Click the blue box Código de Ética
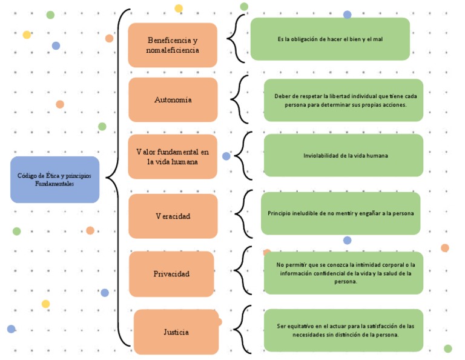(x=54, y=179)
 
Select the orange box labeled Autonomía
(x=173, y=99)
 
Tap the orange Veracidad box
(x=173, y=216)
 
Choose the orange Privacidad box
(x=171, y=274)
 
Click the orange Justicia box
(x=176, y=332)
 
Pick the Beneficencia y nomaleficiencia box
(x=173, y=45)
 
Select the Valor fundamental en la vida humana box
(x=173, y=156)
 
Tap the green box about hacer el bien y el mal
(x=330, y=39)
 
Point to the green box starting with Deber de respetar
(x=343, y=100)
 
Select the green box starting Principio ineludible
(x=340, y=213)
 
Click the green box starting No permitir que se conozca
(x=343, y=273)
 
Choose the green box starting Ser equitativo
(x=343, y=330)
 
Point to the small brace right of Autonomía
(x=239, y=98)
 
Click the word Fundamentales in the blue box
(x=54, y=184)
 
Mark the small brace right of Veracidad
(x=240, y=212)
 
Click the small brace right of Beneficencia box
(x=235, y=39)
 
